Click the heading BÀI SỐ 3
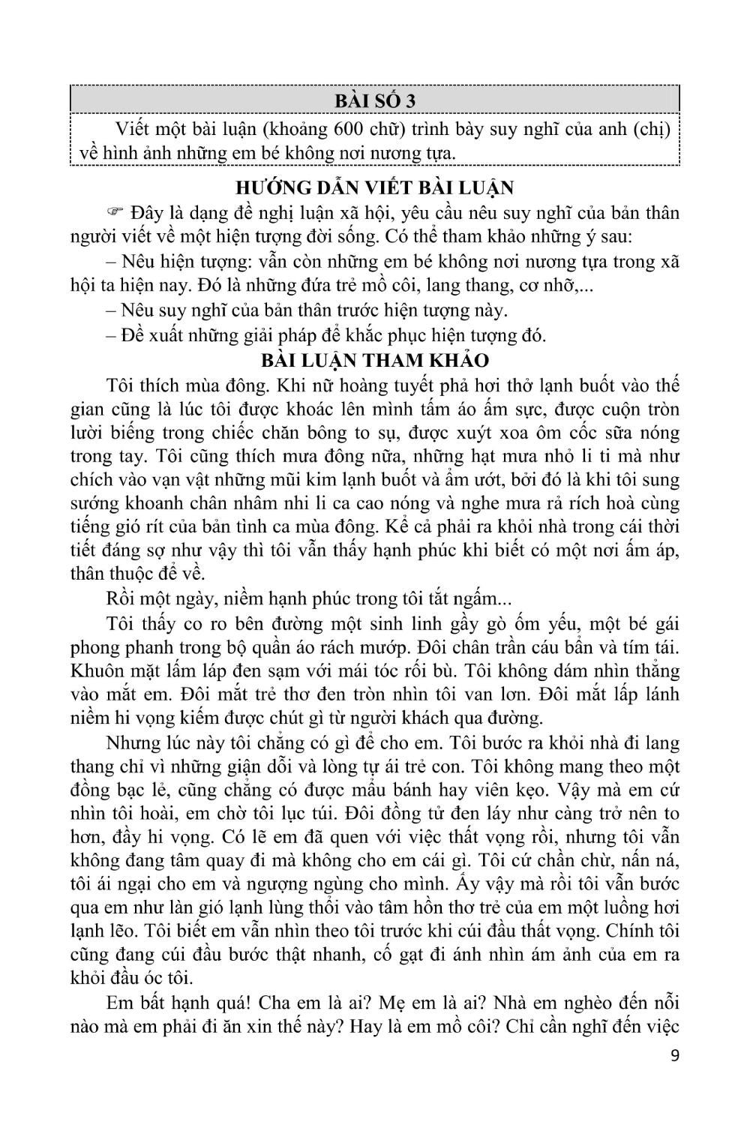click(375, 100)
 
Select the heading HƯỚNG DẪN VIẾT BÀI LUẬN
click(374, 187)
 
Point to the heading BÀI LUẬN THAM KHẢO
click(375, 360)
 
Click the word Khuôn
click(98, 670)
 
